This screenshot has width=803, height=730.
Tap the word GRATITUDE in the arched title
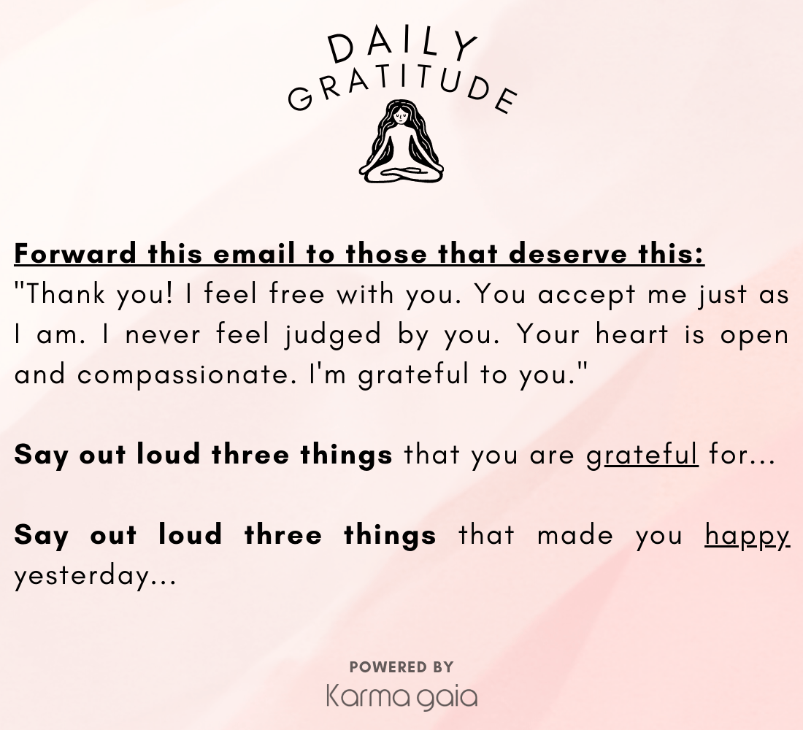(402, 91)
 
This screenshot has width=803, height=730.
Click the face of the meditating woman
(400, 118)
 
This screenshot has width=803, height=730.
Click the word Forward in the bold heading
(75, 253)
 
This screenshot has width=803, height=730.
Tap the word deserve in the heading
(568, 253)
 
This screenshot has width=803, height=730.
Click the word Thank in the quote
(65, 294)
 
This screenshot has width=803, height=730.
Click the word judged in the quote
(334, 335)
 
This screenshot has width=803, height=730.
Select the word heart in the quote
(632, 334)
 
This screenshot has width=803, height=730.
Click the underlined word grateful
(642, 455)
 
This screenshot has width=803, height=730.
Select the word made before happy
(575, 535)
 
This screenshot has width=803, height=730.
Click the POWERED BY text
(401, 667)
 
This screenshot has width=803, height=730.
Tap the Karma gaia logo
(402, 696)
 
